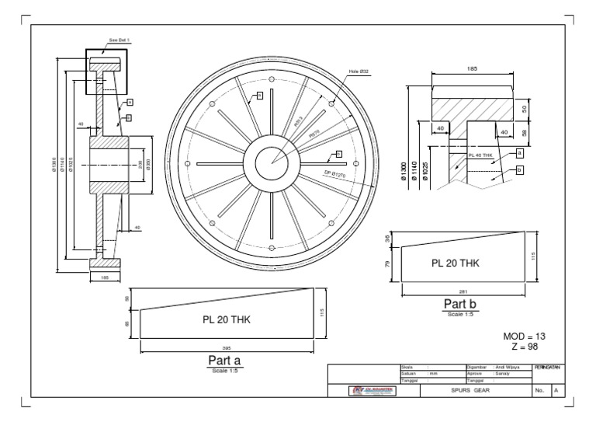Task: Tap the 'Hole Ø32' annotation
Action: (359, 71)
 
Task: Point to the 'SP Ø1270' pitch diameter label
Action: (334, 175)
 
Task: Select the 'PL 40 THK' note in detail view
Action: (482, 155)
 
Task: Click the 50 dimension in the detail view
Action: (525, 108)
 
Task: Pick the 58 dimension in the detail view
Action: (525, 134)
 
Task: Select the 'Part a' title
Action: (226, 361)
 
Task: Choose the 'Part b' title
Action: (459, 304)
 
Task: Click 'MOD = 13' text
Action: (525, 336)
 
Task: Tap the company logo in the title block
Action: (374, 391)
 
